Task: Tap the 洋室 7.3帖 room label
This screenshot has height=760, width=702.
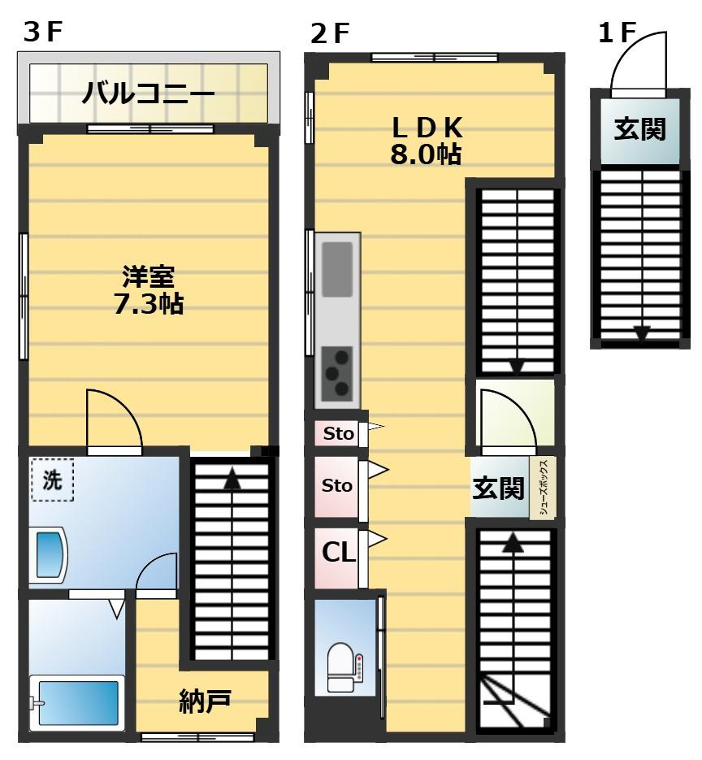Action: coord(148,290)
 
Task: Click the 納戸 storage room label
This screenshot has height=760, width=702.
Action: coord(206,701)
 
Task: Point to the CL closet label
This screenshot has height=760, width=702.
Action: coord(339,553)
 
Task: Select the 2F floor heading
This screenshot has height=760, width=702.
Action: coord(330,33)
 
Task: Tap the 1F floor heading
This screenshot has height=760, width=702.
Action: coord(616,33)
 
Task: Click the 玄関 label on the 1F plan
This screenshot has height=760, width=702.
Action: coord(639,128)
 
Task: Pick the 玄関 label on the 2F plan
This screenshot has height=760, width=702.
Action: coord(499,488)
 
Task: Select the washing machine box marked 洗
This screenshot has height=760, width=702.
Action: coord(52,480)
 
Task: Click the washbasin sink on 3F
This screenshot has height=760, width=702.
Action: coord(48,556)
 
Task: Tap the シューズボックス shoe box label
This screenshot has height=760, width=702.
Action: coord(543,488)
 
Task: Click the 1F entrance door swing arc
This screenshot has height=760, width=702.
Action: coord(638,60)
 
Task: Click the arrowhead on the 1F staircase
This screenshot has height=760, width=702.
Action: coord(641,333)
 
